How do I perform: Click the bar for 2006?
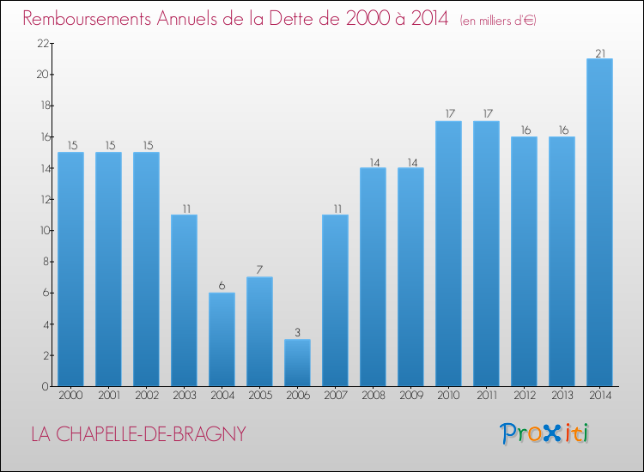pos(297,362)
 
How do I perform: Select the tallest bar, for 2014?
pos(599,222)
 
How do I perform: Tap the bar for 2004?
pos(222,339)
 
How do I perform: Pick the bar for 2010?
pos(448,253)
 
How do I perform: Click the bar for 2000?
pos(70,269)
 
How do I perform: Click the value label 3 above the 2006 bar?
pos(297,333)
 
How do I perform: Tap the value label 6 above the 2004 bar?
pos(222,286)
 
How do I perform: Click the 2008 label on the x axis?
pos(373,396)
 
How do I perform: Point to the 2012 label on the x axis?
pos(524,396)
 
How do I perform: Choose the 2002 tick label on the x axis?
pos(146,396)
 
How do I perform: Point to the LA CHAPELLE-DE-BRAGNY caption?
pos(138,434)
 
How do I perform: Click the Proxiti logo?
pos(544,433)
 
